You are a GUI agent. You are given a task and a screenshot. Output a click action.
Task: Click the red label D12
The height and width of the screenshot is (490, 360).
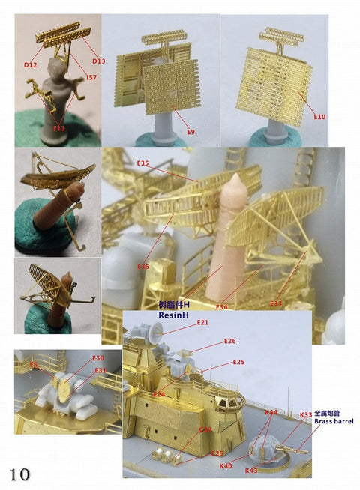point(30,64)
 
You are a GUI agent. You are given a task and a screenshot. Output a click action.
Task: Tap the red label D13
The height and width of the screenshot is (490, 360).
point(97,59)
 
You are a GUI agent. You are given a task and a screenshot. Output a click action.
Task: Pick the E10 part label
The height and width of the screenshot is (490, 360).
point(319,117)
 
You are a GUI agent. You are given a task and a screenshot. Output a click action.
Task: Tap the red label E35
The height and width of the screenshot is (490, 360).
point(142,163)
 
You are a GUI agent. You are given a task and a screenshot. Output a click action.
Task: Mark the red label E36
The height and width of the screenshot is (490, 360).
point(143,267)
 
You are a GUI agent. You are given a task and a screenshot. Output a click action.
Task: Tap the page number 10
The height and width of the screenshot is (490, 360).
point(19,474)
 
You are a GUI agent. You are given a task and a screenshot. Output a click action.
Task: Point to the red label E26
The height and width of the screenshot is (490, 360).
point(230,341)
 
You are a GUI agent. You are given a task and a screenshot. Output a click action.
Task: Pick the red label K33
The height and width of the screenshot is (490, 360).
point(306,414)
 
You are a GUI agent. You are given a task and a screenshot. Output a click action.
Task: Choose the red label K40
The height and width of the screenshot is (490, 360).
point(225,465)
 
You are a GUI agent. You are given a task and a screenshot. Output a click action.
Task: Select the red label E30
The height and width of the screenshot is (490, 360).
point(98,358)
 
